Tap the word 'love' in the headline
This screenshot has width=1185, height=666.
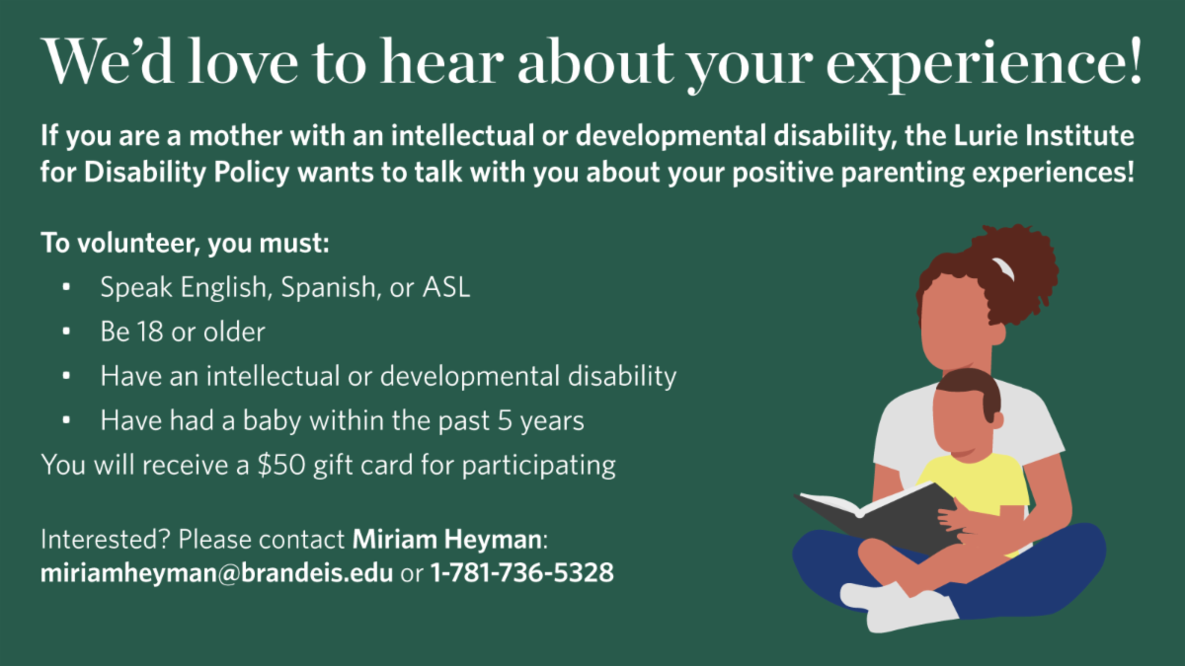coord(243,61)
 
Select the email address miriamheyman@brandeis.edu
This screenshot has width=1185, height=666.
coord(216,572)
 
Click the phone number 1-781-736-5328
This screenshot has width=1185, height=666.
coord(522,572)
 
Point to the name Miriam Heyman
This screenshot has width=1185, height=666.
coord(447,540)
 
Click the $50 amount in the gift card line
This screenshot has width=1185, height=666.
coord(281,465)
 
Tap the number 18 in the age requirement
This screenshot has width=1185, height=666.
coord(150,332)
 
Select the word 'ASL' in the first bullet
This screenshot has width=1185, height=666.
coord(446,287)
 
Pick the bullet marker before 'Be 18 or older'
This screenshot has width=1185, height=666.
coord(66,332)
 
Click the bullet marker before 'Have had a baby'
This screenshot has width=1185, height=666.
coord(66,420)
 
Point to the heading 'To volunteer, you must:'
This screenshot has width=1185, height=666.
coord(186,244)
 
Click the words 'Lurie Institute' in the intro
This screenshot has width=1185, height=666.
coord(1044,135)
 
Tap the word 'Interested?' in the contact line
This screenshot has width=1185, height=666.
coord(106,540)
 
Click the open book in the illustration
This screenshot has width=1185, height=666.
coord(878,521)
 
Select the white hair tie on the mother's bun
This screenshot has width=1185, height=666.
coord(1003,268)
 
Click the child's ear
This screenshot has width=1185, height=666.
coord(997,419)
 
